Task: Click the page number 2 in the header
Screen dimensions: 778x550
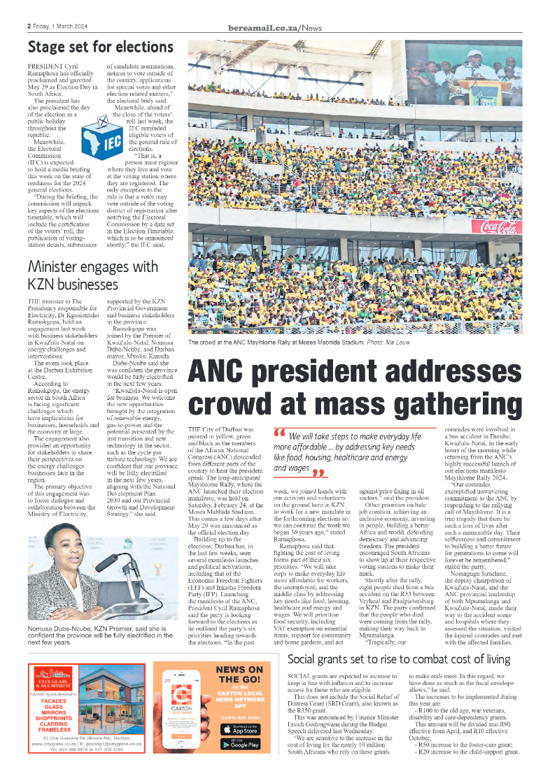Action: click(29, 27)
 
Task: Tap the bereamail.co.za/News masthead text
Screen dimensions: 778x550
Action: click(275, 27)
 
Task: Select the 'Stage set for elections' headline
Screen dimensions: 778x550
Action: click(100, 48)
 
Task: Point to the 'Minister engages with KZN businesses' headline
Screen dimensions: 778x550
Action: click(92, 275)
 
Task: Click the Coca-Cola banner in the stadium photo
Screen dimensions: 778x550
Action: click(498, 226)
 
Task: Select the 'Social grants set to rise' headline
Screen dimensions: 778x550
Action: click(399, 658)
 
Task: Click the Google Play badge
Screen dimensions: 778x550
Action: click(240, 744)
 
